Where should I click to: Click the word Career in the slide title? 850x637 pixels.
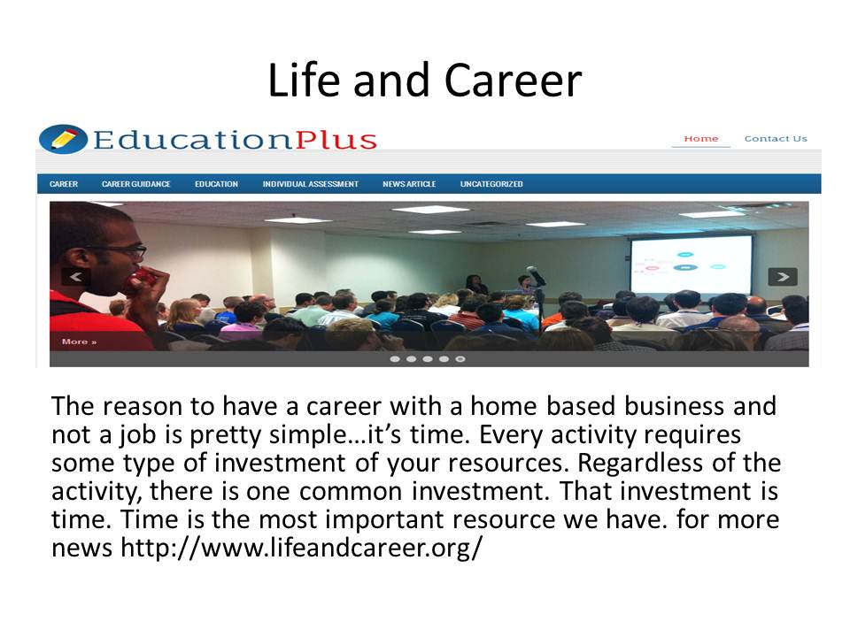coord(513,81)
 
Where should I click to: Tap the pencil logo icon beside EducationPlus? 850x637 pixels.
coord(63,139)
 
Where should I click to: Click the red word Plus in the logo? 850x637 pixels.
coord(336,140)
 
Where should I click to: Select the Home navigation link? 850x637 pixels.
coord(701,139)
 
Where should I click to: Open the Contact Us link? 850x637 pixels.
coord(776,139)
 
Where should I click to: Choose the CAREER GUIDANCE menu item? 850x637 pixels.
coord(136,184)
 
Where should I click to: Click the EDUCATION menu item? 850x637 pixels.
coord(216,184)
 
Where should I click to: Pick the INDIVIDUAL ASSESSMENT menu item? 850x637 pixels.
coord(311,184)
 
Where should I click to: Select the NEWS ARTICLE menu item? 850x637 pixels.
coord(409,184)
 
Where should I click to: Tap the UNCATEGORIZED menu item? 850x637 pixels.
coord(491,184)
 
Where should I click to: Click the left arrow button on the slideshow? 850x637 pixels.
coord(76,277)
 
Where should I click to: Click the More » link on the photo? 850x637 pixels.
coord(79,342)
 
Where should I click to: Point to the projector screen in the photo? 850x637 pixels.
coord(692,265)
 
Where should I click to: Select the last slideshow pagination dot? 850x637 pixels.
coord(460,358)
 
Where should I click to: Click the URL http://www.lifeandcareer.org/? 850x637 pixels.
coord(301,548)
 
